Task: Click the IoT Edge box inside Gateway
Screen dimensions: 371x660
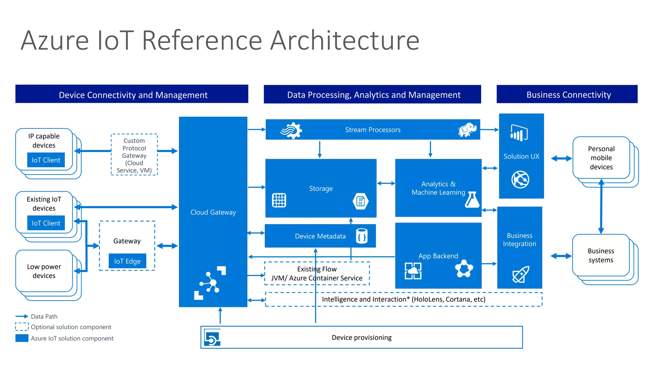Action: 127,261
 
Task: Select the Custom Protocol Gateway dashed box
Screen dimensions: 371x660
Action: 134,155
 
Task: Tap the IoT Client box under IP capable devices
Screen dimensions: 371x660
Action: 46,160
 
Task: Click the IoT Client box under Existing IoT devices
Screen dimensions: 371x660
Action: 46,223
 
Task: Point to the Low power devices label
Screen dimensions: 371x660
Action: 44,271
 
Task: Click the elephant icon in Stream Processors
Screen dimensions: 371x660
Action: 467,130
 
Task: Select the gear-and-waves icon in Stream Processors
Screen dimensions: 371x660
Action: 291,130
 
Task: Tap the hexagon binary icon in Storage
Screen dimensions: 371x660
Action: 361,201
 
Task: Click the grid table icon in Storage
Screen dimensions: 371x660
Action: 279,200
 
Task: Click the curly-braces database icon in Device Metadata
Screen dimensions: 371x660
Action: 362,236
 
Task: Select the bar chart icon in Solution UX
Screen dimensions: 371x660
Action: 519,133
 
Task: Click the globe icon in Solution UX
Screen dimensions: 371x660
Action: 520,179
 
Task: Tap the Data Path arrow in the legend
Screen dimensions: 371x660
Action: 22,316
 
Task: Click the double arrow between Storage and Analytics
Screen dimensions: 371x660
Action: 386,183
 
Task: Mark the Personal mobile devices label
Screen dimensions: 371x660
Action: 601,158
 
